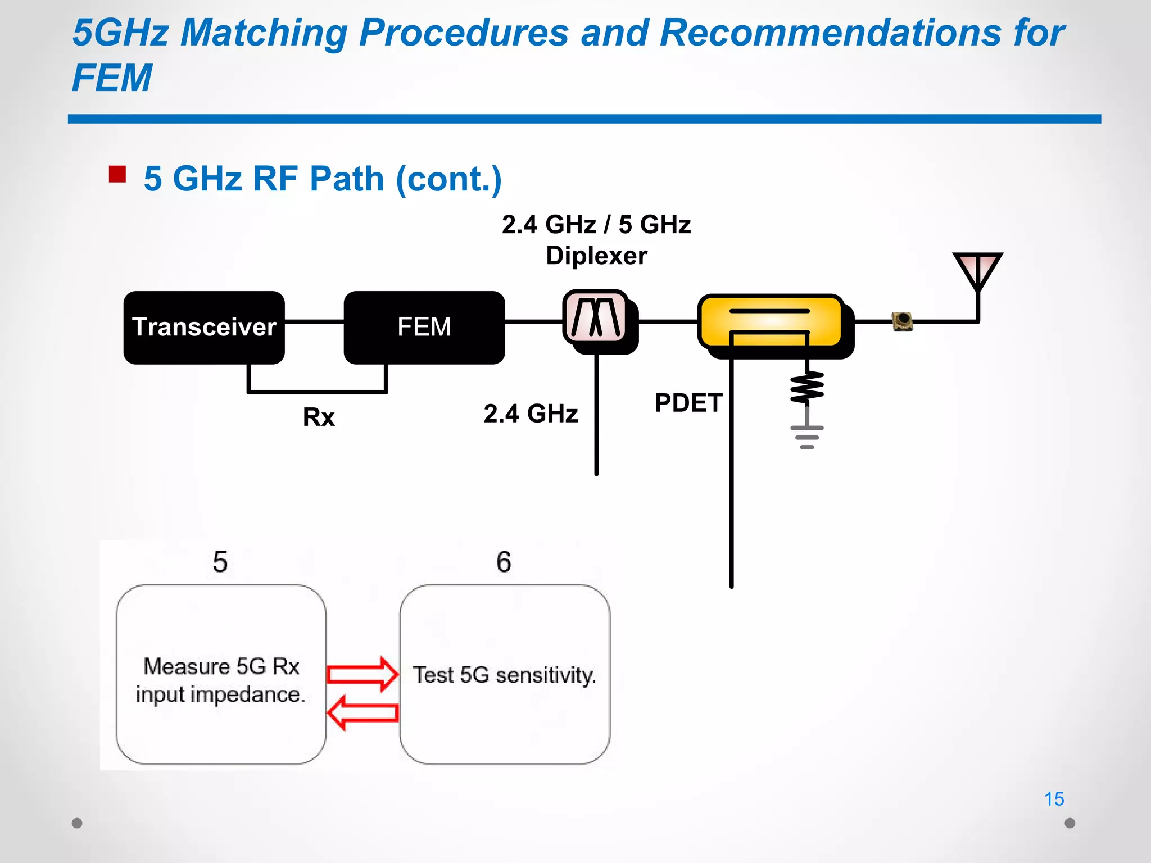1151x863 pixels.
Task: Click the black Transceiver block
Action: pos(204,327)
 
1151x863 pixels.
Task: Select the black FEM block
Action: pos(424,327)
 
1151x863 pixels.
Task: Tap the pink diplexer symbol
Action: pos(596,317)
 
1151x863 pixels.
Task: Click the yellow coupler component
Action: pos(771,321)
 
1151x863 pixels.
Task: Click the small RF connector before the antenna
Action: pos(903,321)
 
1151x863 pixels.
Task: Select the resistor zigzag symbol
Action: pos(807,388)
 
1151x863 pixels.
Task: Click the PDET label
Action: pos(688,403)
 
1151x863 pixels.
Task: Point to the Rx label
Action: pos(319,417)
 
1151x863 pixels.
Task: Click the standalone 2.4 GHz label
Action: pos(531,414)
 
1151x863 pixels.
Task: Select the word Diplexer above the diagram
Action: pos(596,256)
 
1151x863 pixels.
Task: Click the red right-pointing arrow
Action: pos(362,674)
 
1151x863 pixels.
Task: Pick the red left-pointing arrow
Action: pos(362,713)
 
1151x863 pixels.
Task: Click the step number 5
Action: pos(220,562)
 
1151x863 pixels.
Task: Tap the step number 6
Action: pos(504,562)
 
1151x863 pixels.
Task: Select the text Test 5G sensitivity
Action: pos(504,675)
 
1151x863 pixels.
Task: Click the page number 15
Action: pos(1054,799)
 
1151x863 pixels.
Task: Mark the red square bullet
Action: pos(117,174)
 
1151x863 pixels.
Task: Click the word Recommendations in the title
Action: pos(830,33)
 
